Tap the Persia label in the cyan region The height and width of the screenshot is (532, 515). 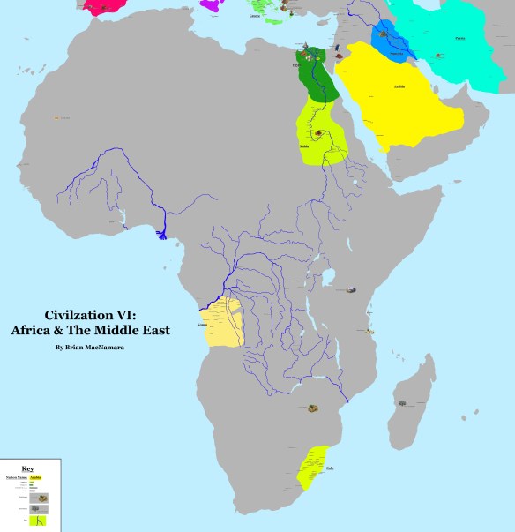coord(459,38)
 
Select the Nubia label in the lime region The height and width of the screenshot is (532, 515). coord(304,146)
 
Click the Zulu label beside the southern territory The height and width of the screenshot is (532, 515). coord(329,468)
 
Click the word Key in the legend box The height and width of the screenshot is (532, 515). coord(30,468)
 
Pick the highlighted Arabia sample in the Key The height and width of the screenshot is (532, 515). coord(35,477)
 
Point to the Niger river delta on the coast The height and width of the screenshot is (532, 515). coord(162,234)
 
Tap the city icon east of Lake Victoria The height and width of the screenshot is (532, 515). coord(351,288)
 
